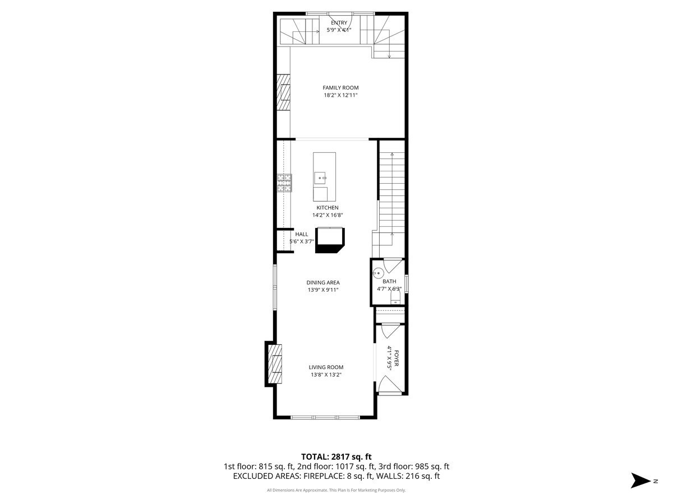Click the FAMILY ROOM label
pyautogui.click(x=340, y=87)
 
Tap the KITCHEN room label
pyautogui.click(x=327, y=207)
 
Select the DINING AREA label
pyautogui.click(x=322, y=282)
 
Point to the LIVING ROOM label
pyautogui.click(x=326, y=367)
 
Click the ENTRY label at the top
pyautogui.click(x=339, y=22)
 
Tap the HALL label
pyautogui.click(x=302, y=234)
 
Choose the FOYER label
pyautogui.click(x=397, y=358)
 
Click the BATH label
pyautogui.click(x=389, y=281)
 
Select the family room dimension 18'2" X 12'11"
pyautogui.click(x=340, y=96)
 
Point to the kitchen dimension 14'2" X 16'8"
pyautogui.click(x=327, y=215)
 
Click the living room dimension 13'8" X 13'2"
pyautogui.click(x=326, y=375)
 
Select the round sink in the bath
pyautogui.click(x=379, y=274)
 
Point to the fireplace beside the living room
pyautogui.click(x=274, y=364)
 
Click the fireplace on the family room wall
pyautogui.click(x=284, y=92)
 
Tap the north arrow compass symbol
pyautogui.click(x=640, y=480)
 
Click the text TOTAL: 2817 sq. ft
pyautogui.click(x=336, y=456)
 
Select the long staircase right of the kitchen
pyautogui.click(x=392, y=190)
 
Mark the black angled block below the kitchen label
pyautogui.click(x=331, y=240)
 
